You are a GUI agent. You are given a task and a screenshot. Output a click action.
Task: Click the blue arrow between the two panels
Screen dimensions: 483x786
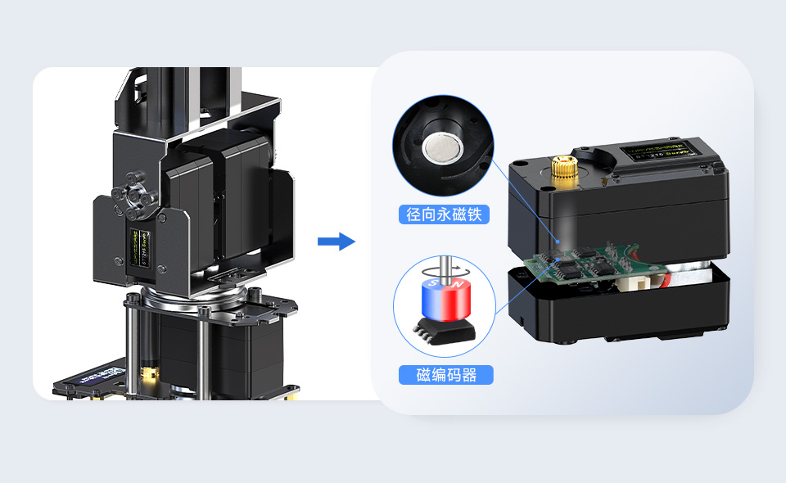click(x=336, y=241)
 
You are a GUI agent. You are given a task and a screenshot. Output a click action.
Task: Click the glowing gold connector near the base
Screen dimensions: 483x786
click(x=147, y=375)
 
